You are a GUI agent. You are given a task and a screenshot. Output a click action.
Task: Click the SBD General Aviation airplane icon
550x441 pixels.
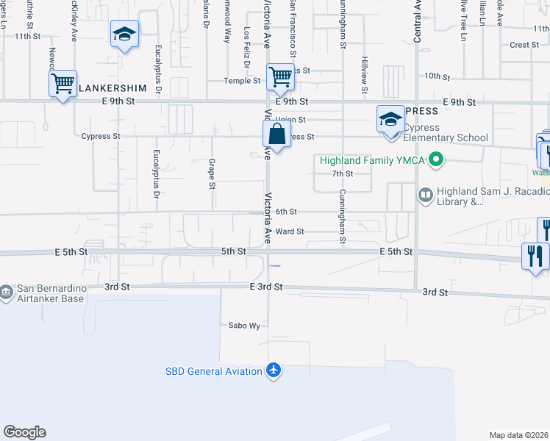[x=274, y=370]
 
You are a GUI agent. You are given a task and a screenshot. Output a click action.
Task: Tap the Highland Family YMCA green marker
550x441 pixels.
[x=436, y=159]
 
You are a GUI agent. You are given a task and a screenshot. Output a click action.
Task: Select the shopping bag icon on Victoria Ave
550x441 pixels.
[x=276, y=135]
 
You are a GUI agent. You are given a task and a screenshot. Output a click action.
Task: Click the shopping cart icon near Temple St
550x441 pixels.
[x=280, y=76]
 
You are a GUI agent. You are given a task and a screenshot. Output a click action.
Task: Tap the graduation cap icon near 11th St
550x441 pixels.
[x=124, y=34]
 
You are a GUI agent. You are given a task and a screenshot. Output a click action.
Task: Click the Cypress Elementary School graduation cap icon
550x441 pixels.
[x=390, y=118]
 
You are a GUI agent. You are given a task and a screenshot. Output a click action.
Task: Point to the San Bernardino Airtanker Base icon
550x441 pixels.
[x=6, y=292]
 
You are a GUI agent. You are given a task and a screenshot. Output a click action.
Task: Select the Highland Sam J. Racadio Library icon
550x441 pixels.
[x=425, y=195]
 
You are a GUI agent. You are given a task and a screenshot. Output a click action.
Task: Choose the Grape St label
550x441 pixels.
[x=212, y=173]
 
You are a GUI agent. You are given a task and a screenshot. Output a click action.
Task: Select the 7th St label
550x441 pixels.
[x=343, y=174]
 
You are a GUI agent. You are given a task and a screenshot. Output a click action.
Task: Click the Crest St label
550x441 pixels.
[x=524, y=45]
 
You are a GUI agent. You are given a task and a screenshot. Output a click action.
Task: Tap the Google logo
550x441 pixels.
[x=24, y=432]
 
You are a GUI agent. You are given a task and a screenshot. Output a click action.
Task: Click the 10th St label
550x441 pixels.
[x=437, y=76]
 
